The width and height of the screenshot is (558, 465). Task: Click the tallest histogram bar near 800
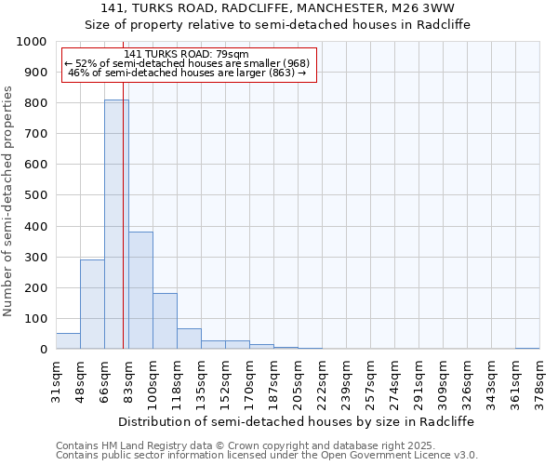point(116,223)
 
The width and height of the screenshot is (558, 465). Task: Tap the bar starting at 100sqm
point(165,321)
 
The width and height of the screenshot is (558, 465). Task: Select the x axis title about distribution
point(298,421)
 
